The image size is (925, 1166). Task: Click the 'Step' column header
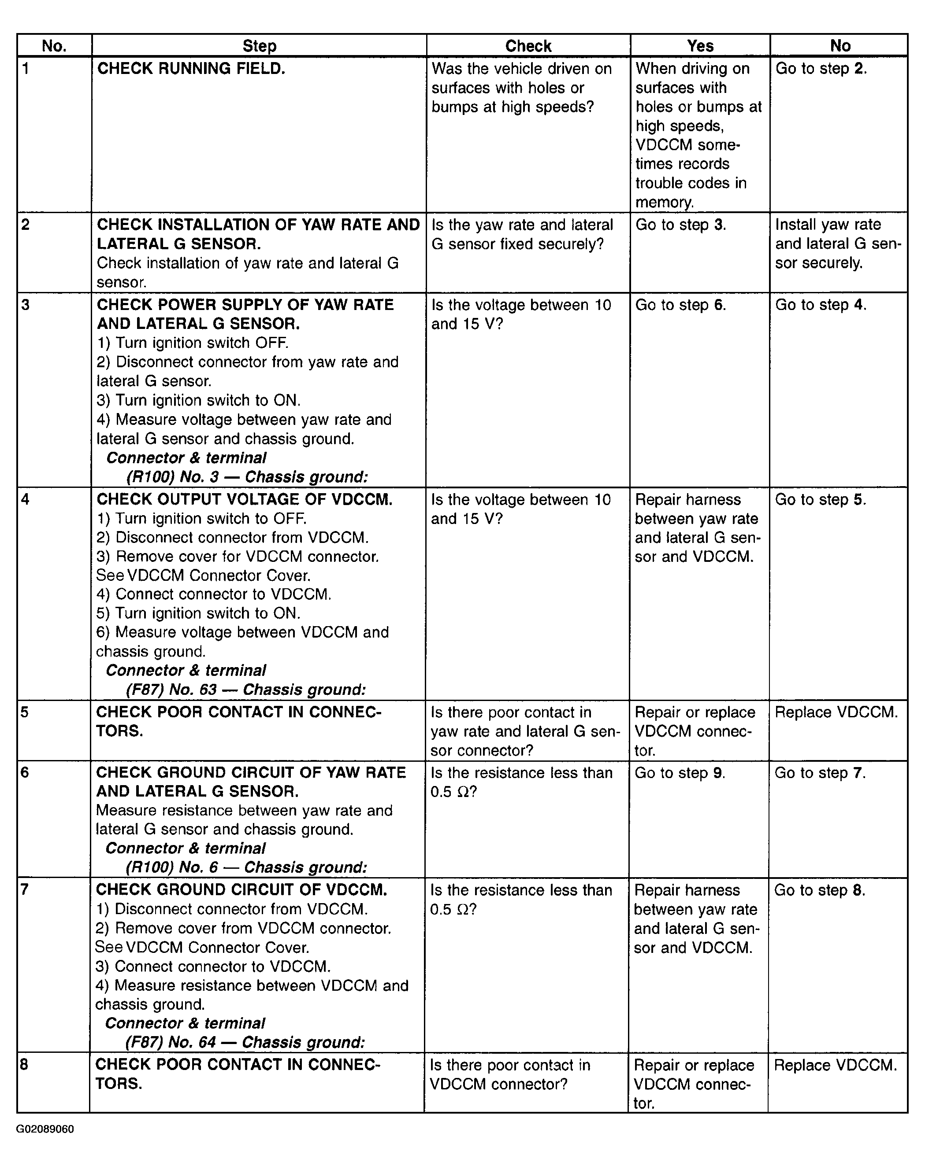259,46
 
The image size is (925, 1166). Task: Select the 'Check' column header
528,46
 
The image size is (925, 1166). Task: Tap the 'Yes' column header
700,46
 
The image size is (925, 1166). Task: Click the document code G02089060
45,1129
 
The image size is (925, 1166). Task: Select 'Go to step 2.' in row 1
821,69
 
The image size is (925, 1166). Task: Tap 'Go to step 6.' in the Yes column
680,305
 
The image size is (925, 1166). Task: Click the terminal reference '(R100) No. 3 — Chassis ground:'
247,477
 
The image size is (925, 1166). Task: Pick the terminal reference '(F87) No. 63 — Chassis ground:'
246,690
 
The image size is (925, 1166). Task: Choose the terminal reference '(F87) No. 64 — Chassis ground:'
245,1042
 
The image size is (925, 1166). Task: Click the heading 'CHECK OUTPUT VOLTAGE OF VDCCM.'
244,499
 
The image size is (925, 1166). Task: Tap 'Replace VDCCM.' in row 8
835,1066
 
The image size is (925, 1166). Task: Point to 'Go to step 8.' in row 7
820,890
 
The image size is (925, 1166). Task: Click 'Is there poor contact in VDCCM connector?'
509,1074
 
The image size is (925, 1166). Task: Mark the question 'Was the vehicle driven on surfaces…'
521,88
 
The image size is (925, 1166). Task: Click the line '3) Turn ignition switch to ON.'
199,400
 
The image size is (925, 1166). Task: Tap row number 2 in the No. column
25,225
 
